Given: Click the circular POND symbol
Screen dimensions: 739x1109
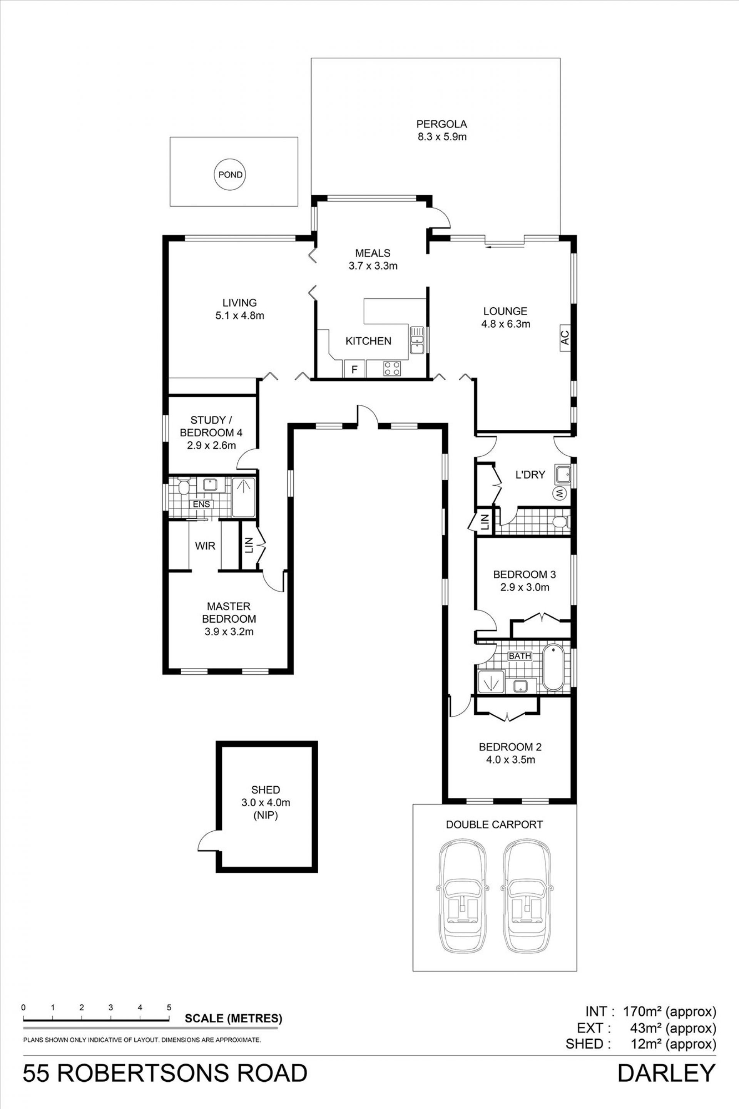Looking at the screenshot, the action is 231,174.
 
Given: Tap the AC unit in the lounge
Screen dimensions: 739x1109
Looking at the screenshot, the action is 565,337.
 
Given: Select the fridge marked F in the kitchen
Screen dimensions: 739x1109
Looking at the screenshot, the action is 354,370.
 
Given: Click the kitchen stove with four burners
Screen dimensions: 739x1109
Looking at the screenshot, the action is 392,368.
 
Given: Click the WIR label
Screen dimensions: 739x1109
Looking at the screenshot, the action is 205,546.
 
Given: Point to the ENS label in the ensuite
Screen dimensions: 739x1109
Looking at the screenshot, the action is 201,504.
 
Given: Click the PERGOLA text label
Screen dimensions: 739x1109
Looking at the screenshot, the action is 441,124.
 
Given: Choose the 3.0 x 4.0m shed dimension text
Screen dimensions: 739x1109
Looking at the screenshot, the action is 266,802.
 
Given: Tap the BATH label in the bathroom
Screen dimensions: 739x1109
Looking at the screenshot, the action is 520,656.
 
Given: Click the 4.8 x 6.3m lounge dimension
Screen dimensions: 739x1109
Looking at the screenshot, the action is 506,324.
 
